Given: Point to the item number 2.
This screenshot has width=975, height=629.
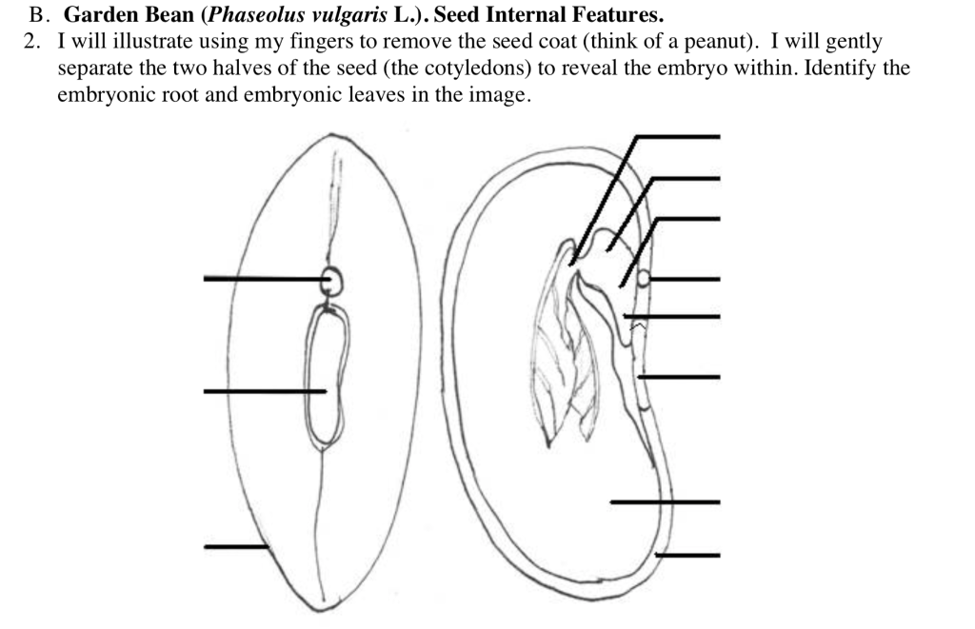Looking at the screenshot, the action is click(30, 42).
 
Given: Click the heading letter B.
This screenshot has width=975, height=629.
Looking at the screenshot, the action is click(38, 15).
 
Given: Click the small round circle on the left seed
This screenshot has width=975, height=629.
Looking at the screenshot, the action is click(332, 281).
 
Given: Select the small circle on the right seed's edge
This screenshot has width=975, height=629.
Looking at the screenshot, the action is click(643, 278).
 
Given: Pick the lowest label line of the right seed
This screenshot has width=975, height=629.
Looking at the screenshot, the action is click(687, 555).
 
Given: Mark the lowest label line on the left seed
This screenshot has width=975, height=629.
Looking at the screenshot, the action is click(236, 546).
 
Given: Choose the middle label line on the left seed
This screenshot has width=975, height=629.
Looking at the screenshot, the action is click(265, 391).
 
